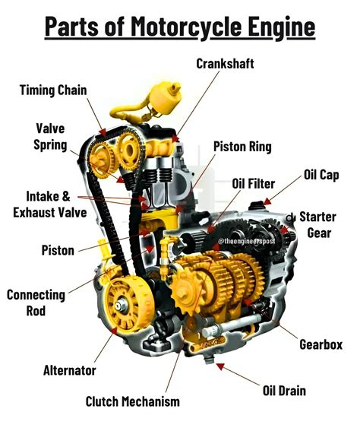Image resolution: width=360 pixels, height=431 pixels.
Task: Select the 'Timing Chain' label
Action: pos(53,90)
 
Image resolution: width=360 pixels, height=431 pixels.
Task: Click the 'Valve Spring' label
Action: pos(50,136)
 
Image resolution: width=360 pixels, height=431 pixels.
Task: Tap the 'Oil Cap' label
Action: pos(321,175)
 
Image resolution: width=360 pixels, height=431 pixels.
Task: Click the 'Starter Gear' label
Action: pos(317,224)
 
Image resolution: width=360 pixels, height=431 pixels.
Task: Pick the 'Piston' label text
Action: pos(58,249)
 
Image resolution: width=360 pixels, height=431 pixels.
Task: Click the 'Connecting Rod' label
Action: pos(36,303)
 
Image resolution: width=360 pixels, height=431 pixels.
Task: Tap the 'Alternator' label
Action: pos(69,370)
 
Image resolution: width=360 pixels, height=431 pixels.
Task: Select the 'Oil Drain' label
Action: pos(284,391)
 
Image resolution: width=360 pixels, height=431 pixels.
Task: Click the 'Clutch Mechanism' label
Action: pos(132,401)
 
